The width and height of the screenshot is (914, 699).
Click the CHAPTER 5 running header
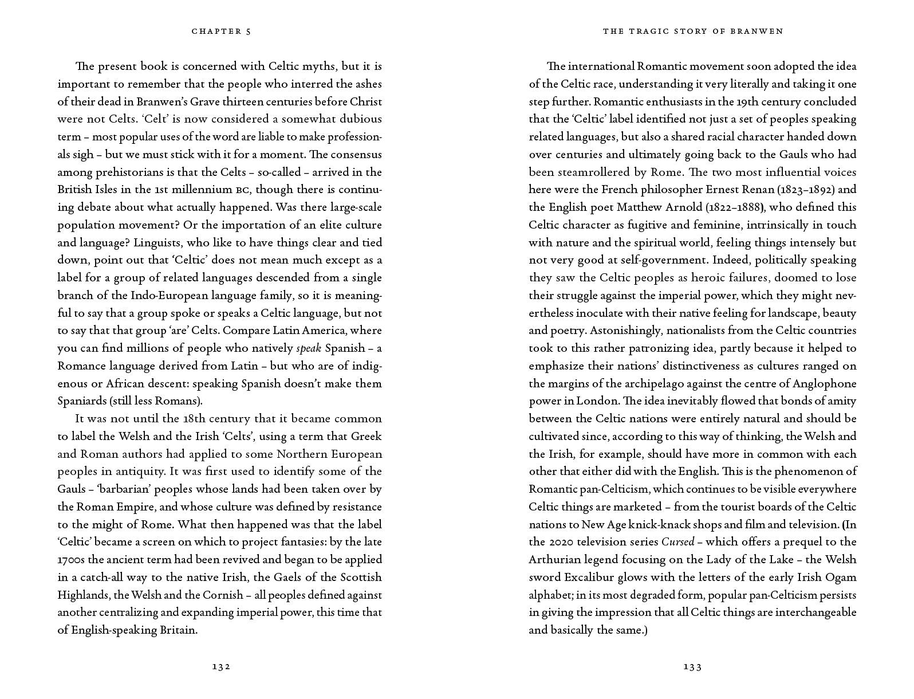tap(221, 32)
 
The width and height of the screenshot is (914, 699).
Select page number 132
tap(221, 666)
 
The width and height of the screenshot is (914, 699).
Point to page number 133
tap(692, 666)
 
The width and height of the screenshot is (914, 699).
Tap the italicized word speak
tap(309, 348)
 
